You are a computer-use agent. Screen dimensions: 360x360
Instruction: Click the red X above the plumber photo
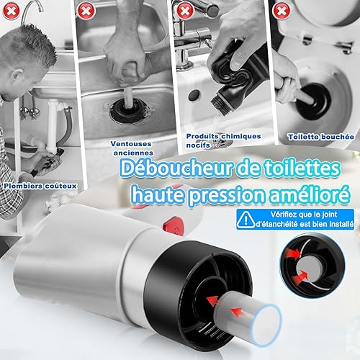[11, 11]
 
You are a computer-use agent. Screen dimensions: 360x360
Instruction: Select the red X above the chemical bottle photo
[184, 11]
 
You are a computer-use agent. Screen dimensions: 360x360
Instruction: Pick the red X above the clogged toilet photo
[282, 10]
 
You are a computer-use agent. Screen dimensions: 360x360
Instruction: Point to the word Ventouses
[131, 144]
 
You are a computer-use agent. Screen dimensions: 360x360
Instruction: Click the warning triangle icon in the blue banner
[246, 220]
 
